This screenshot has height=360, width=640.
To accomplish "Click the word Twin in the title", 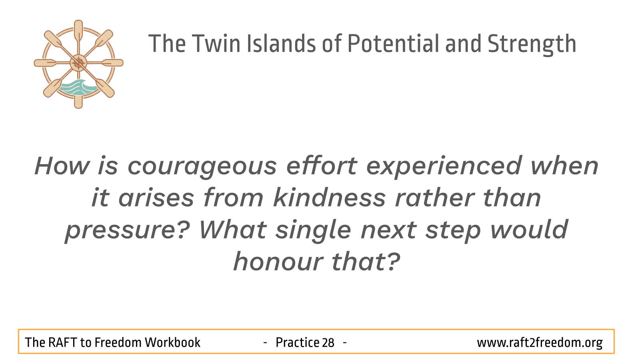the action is click(216, 44).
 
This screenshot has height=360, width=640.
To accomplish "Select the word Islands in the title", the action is click(281, 44).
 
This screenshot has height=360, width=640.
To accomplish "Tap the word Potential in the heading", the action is click(393, 44).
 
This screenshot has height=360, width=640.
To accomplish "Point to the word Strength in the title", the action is click(532, 44).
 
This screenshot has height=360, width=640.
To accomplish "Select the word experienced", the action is click(444, 167).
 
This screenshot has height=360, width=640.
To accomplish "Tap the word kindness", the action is click(330, 198).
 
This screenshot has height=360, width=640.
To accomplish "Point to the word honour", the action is click(278, 262).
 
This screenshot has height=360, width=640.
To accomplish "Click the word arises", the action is click(156, 198).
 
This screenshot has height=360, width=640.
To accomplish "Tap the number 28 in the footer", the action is click(328, 342).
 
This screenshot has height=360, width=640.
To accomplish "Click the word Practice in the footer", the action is click(297, 342).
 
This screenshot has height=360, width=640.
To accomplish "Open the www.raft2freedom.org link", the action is click(540, 342).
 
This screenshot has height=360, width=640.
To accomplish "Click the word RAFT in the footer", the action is click(62, 342).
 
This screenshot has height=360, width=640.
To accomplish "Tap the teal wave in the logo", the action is click(78, 88).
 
